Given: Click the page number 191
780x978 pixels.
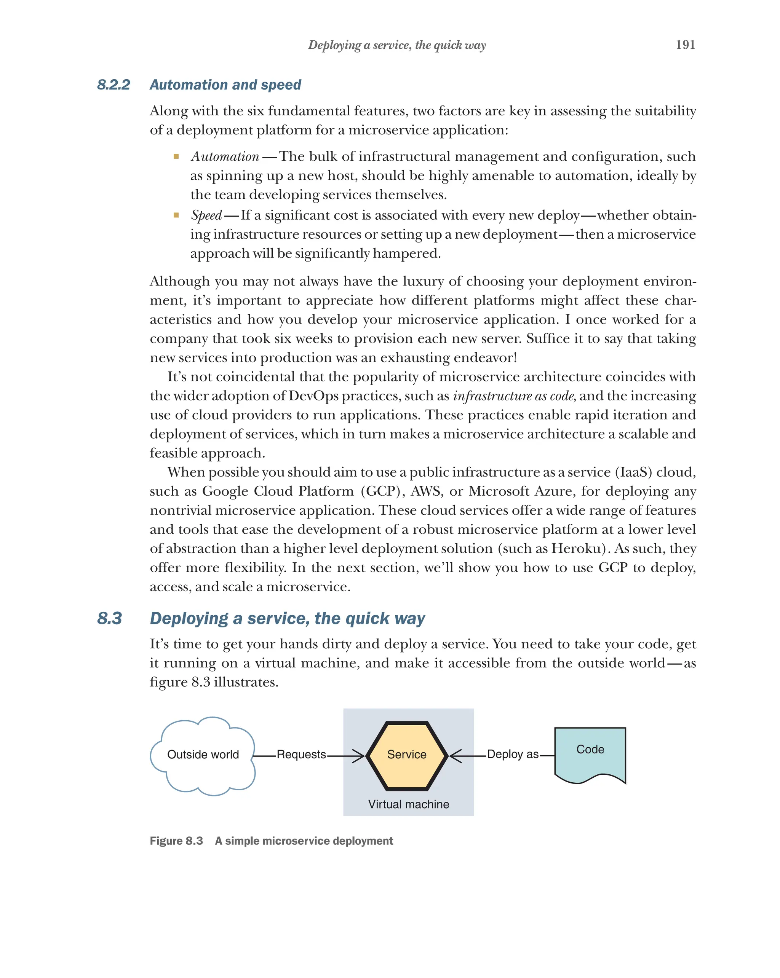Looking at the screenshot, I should click(685, 45).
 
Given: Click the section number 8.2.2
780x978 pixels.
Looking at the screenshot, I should click(113, 85).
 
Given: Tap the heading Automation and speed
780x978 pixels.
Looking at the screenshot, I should click(225, 85).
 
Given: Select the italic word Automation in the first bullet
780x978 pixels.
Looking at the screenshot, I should click(225, 156).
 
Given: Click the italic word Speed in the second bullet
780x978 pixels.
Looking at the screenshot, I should click(206, 215).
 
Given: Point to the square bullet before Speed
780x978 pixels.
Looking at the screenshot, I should click(176, 215).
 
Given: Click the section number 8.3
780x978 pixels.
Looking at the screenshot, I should click(109, 618).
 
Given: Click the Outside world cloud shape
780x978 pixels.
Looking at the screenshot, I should click(203, 755).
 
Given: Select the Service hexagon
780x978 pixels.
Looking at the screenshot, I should click(406, 755).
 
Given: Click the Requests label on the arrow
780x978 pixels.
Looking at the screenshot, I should click(301, 755).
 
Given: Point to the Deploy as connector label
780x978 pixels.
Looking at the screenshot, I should click(512, 755).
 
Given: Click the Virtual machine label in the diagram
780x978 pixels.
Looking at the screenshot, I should click(408, 804).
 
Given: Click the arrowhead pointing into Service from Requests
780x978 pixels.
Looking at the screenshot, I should click(360, 756).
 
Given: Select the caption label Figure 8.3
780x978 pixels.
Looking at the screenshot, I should click(176, 841).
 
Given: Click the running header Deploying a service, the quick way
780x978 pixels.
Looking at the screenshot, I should click(396, 45).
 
